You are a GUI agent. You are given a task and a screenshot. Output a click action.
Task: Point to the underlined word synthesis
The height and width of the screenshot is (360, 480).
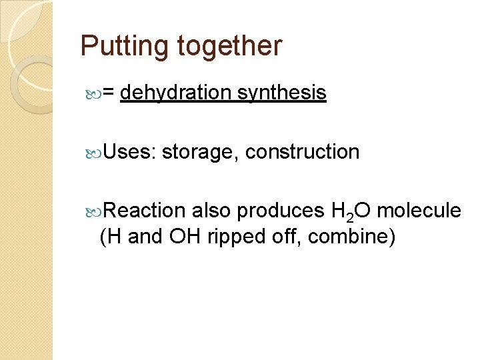281,93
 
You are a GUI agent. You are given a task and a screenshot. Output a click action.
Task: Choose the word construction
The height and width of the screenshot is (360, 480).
302,152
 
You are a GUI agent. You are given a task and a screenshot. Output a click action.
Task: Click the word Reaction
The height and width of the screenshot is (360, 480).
145,211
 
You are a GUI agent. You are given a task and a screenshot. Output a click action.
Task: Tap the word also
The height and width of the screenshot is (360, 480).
211,211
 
